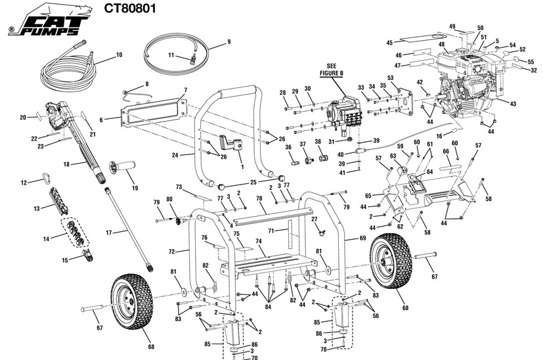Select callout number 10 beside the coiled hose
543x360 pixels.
click(x=119, y=55)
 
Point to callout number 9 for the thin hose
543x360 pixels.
click(x=229, y=42)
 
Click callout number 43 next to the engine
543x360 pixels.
click(x=513, y=103)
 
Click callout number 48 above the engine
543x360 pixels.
click(x=442, y=45)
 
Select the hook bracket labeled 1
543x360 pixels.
click(x=231, y=144)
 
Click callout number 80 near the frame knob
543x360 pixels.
click(x=169, y=198)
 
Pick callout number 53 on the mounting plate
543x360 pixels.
click(x=390, y=78)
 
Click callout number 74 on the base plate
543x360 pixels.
click(x=259, y=241)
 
